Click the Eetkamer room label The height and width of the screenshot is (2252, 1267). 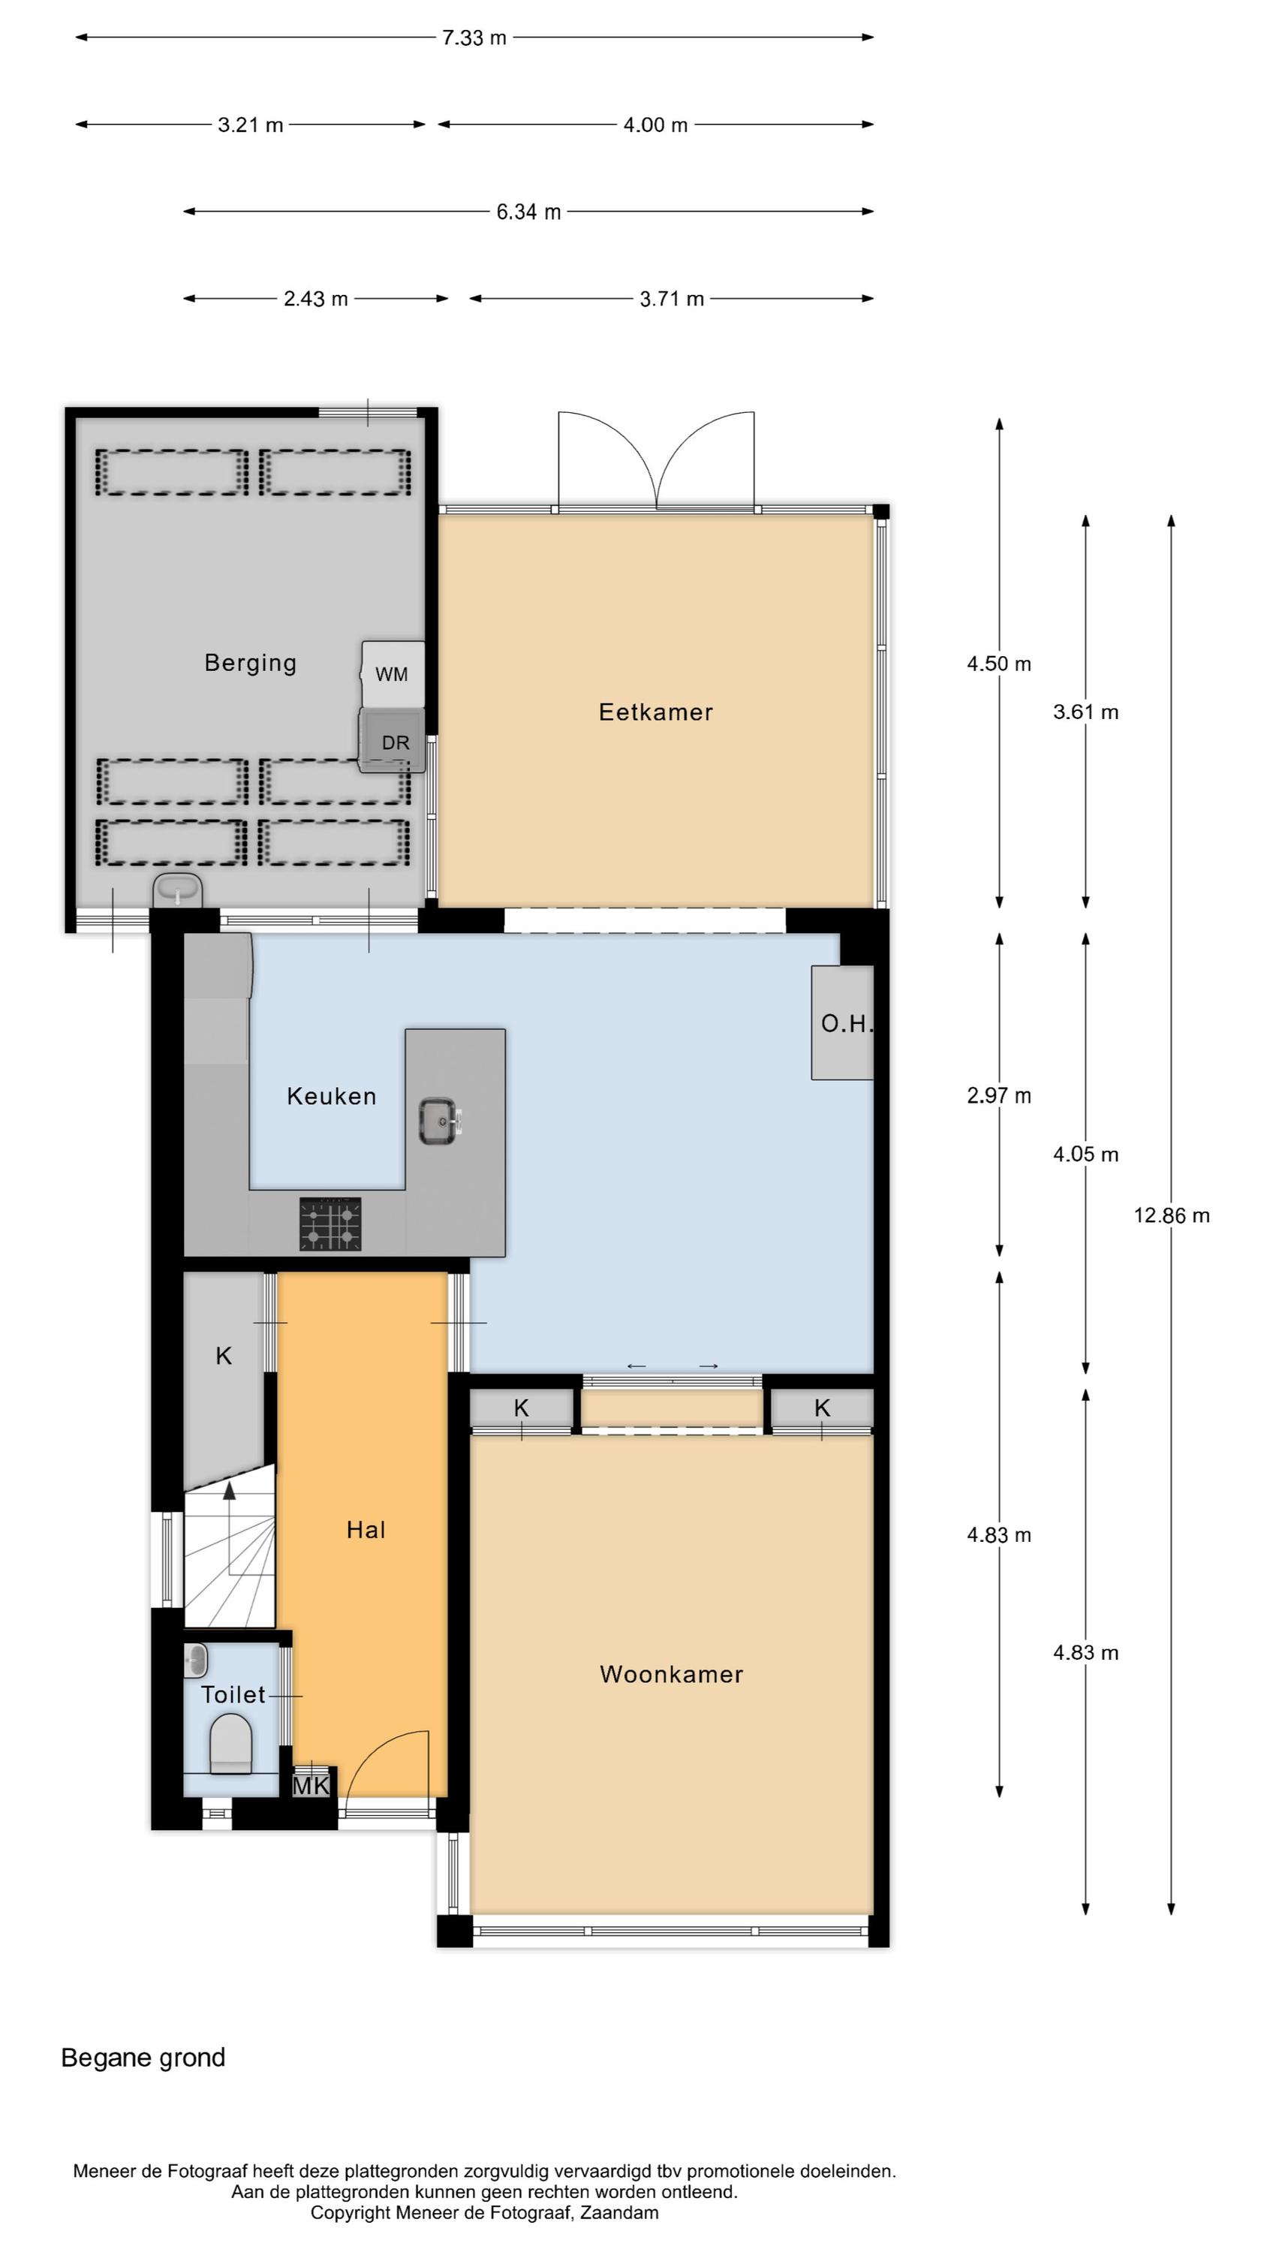coord(655,712)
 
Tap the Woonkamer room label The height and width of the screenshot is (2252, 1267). coord(671,1674)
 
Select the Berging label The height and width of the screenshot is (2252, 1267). coord(250,664)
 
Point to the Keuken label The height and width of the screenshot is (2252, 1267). coord(332,1096)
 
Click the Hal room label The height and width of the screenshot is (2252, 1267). coord(366,1530)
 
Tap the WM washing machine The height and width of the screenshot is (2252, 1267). coord(393,674)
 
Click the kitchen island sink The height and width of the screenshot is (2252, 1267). coord(441,1121)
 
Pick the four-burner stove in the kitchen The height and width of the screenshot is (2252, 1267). coord(330,1224)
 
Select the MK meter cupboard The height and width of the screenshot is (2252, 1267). coord(311,1786)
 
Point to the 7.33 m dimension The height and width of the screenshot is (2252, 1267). coord(474,38)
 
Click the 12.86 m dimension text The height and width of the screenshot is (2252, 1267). coord(1172,1215)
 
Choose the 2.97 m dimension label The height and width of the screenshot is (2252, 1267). coord(998,1095)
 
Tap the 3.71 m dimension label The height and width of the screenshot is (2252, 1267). coord(672,299)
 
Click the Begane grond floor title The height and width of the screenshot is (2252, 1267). coord(143,2058)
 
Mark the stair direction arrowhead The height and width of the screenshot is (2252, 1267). coord(229,1489)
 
